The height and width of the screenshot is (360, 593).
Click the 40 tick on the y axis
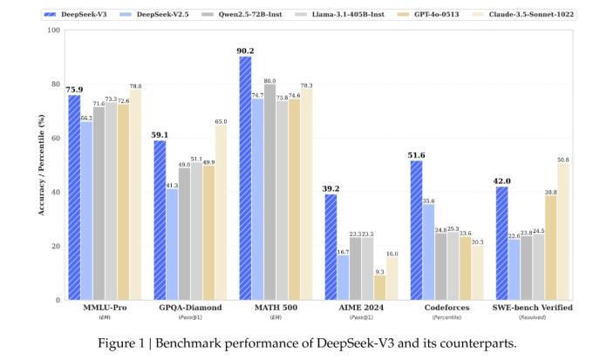(x=54, y=193)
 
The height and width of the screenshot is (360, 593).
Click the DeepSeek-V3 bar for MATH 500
(x=245, y=178)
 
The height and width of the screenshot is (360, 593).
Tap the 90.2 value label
(x=245, y=50)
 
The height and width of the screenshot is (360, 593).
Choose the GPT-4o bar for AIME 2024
(x=379, y=288)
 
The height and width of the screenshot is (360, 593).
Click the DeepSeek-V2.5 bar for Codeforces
(x=428, y=252)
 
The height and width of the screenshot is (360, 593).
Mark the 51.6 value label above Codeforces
(x=416, y=154)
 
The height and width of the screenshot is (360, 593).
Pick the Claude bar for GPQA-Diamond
(x=221, y=213)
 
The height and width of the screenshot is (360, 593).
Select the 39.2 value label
(x=331, y=187)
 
